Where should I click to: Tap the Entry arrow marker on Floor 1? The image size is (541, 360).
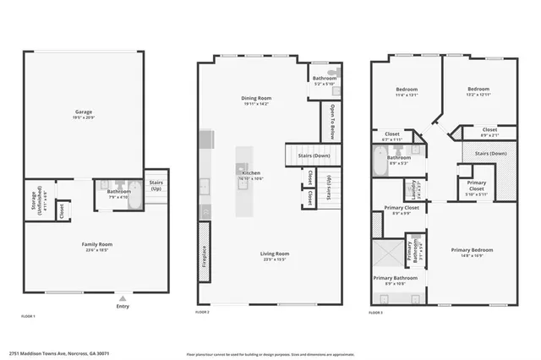point(123,298)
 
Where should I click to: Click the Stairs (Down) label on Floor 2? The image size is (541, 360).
point(314,155)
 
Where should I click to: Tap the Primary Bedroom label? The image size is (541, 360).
point(472,250)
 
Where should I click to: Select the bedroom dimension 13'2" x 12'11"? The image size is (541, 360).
point(479,95)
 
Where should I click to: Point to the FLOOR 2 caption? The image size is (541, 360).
point(202,313)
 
